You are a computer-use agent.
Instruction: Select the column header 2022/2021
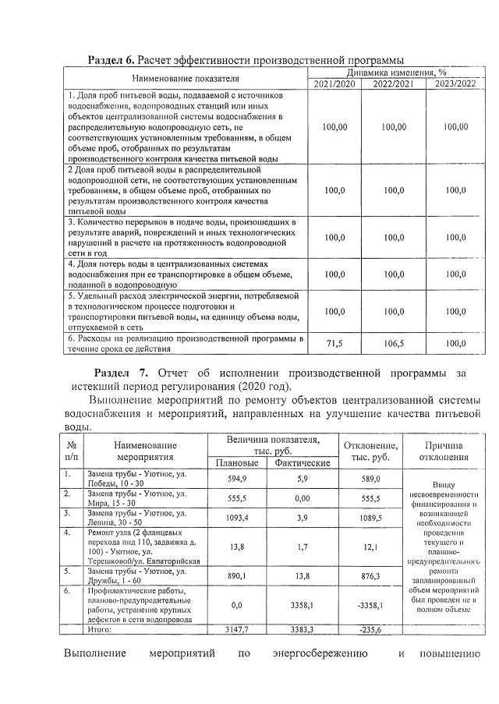click(x=393, y=83)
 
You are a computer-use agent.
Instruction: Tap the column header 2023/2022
click(x=455, y=83)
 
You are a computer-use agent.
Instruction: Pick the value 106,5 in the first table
click(x=393, y=344)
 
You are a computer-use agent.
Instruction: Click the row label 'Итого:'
click(x=101, y=628)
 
